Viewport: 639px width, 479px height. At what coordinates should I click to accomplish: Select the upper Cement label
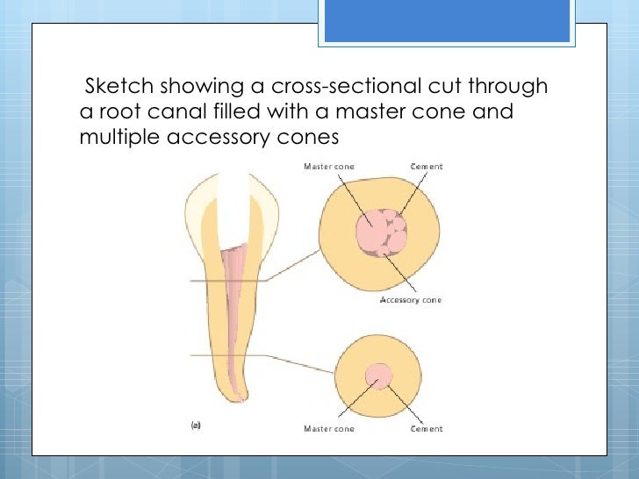[x=427, y=166]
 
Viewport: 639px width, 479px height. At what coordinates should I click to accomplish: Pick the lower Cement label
[x=427, y=429]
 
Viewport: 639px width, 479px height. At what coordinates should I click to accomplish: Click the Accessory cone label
[x=410, y=300]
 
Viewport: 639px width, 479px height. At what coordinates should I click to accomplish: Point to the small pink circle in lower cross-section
[x=378, y=376]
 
